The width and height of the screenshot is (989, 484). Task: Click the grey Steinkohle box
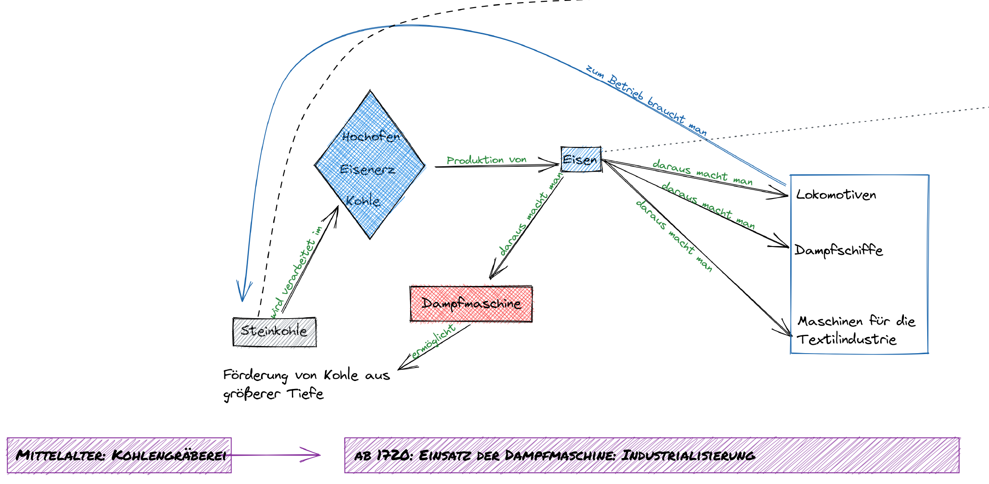tap(274, 332)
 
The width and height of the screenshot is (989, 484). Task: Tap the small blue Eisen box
tap(581, 160)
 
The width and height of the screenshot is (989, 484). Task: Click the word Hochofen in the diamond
tap(371, 137)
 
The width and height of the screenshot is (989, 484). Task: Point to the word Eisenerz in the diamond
tap(368, 169)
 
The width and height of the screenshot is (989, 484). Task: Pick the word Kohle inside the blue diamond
tap(363, 201)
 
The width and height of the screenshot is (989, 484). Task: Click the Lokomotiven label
tap(836, 195)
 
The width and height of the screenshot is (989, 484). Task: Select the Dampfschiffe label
tap(839, 250)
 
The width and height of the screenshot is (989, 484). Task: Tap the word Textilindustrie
tap(846, 340)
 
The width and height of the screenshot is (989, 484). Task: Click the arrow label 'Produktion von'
tap(486, 160)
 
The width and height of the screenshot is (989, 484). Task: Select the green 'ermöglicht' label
tap(433, 341)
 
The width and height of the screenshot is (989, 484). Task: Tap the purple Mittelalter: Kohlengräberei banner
tap(120, 455)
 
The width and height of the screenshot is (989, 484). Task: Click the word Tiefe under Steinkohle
tap(305, 394)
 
